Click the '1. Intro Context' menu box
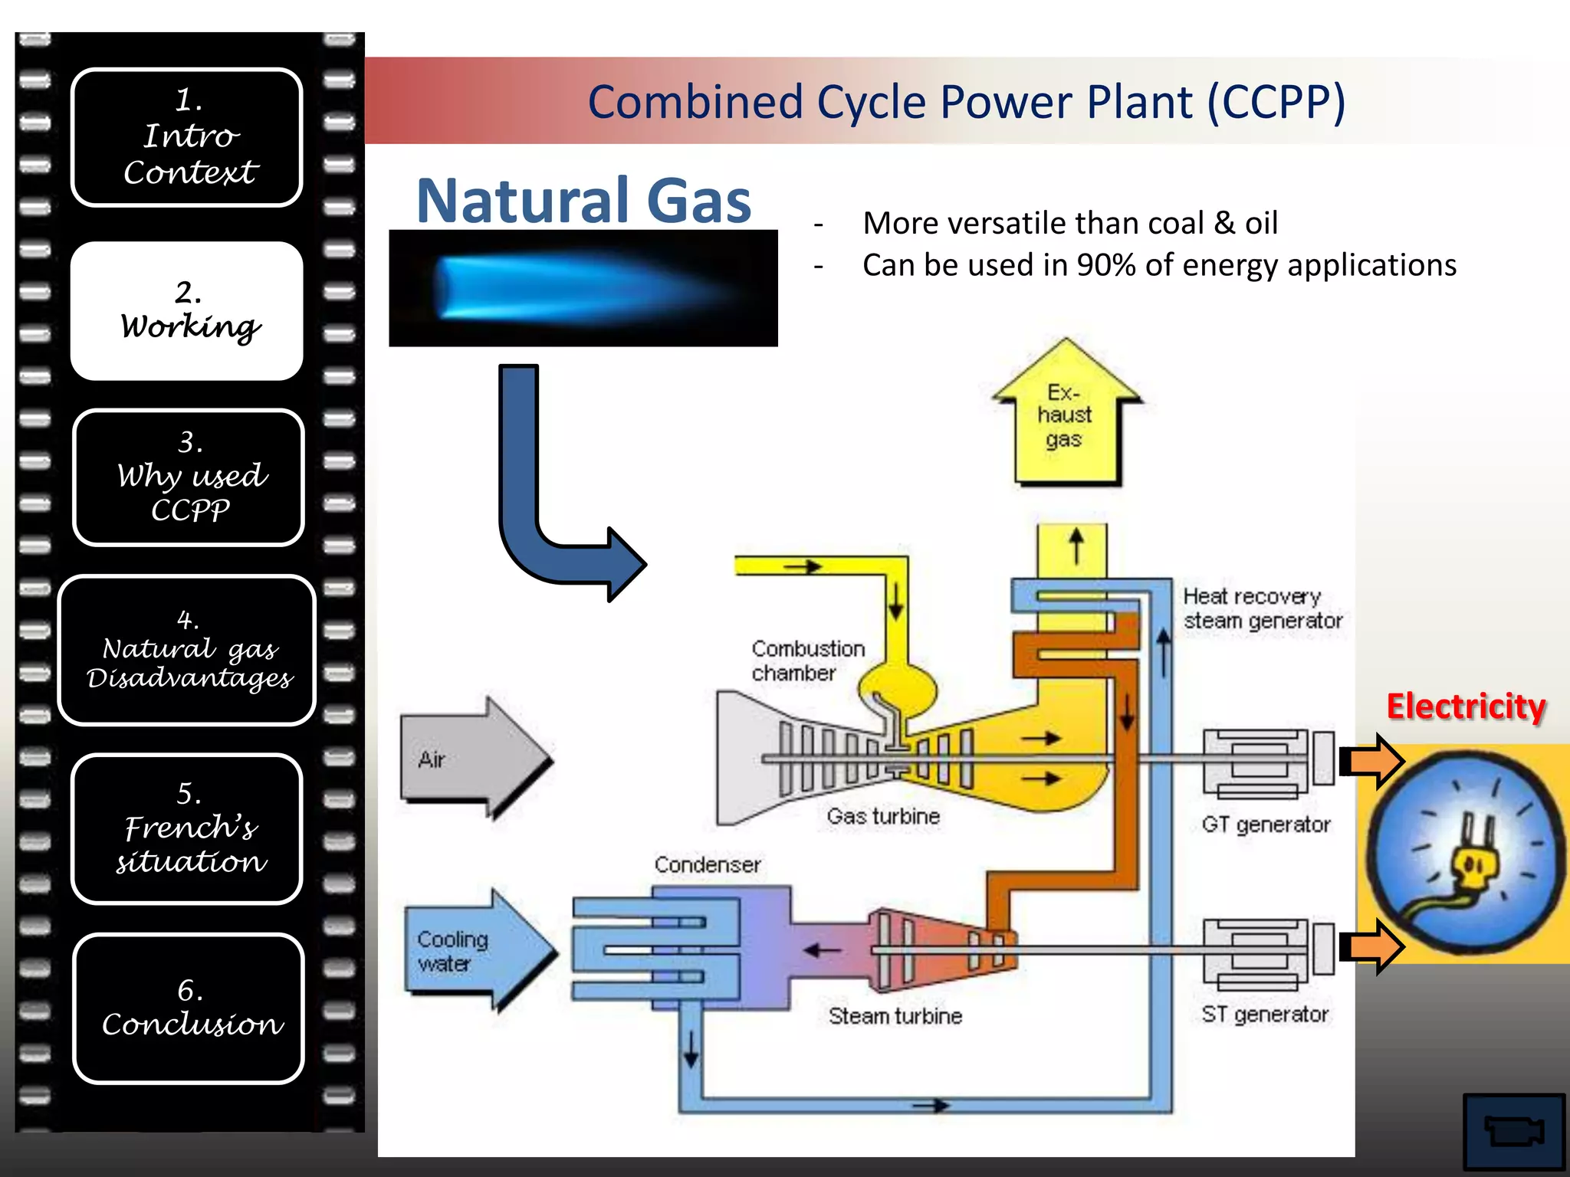186,137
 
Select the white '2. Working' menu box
186,310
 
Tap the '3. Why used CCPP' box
189,477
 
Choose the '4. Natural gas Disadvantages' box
186,650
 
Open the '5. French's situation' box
186,828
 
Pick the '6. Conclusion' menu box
189,1008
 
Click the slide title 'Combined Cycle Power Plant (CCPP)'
966,102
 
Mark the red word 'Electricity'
1465,706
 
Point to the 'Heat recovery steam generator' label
1262,608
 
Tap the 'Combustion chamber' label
807,661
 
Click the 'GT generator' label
1266,825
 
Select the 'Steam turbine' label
895,1016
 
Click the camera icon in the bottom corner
1513,1131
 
